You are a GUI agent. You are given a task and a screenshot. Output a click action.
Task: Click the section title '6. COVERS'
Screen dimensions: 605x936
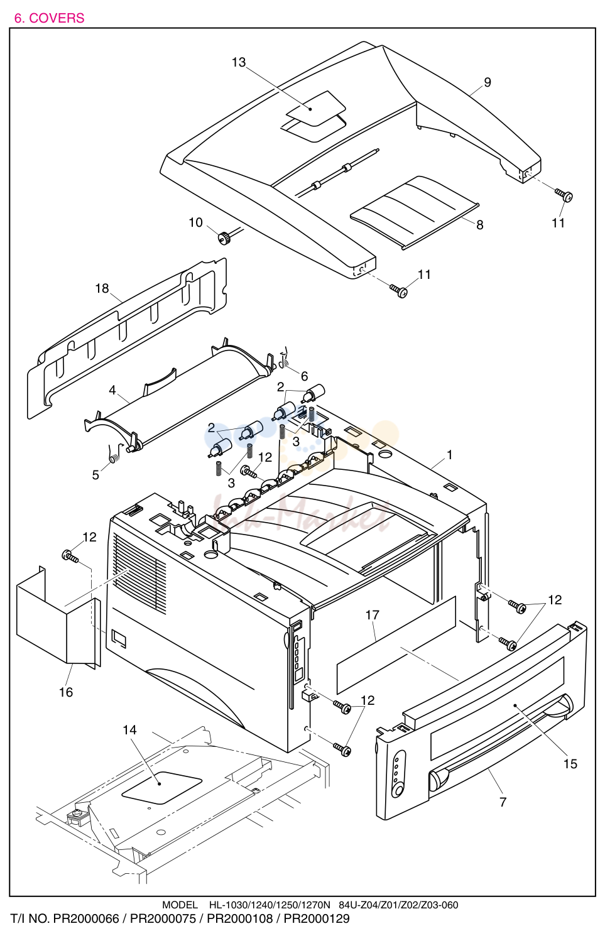click(49, 18)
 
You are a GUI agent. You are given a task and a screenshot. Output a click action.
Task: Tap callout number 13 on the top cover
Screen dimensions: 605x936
click(239, 62)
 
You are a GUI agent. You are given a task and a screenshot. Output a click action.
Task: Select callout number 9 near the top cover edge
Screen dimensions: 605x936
click(487, 82)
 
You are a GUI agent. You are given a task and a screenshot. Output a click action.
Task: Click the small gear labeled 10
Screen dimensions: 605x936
click(225, 238)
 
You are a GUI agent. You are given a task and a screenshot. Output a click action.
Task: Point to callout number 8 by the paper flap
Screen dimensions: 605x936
click(479, 225)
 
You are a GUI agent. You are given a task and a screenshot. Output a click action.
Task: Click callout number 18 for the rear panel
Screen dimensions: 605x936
click(102, 288)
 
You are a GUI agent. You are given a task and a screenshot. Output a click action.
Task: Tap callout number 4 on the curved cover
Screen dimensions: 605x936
click(112, 390)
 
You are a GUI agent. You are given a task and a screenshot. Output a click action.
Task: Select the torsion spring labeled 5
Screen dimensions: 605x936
click(114, 454)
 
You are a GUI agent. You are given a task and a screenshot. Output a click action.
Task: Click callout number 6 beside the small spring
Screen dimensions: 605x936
click(304, 376)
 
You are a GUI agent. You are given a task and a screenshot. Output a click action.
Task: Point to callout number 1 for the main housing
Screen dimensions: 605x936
click(450, 455)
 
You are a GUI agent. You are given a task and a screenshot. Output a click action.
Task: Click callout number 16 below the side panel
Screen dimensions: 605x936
click(66, 692)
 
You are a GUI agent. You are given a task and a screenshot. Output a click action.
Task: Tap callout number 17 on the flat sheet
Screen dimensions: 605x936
click(373, 615)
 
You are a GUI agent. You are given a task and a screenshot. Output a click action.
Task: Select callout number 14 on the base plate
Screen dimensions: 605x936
click(129, 730)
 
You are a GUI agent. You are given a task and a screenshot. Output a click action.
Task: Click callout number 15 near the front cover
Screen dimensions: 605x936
click(570, 764)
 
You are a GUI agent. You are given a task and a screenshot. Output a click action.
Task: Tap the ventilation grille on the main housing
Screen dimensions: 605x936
click(139, 575)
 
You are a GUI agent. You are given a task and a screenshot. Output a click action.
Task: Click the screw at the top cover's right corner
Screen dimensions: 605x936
click(564, 195)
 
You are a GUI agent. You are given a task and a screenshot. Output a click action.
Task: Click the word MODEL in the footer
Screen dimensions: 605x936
click(180, 905)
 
